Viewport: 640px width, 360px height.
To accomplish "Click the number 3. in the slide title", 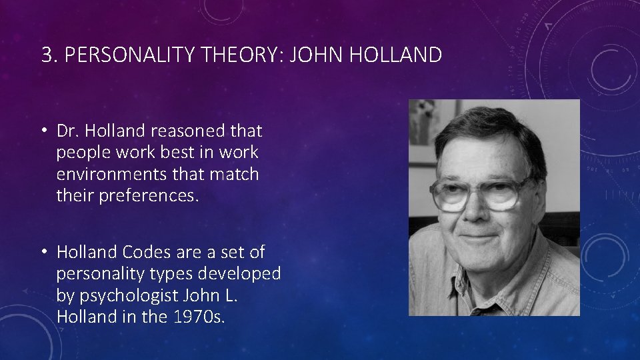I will coord(49,55).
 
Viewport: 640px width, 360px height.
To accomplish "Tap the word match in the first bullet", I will coord(235,175).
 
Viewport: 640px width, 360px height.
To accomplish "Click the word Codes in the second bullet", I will coord(143,252).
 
